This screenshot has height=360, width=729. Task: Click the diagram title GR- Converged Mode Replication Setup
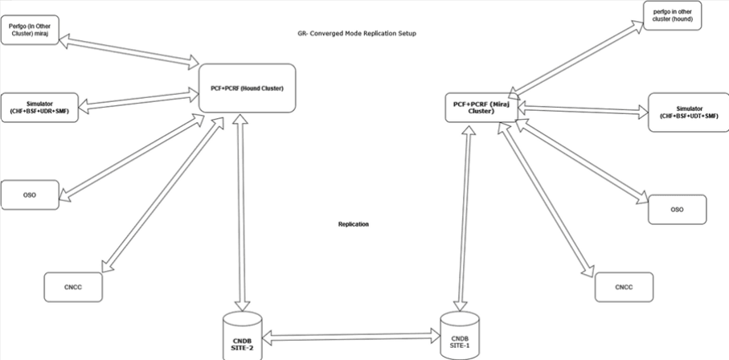coord(356,34)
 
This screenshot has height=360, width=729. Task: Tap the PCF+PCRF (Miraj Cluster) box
coord(481,108)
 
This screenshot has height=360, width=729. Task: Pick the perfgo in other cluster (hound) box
coord(673,15)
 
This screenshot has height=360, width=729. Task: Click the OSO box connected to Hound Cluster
coord(30,194)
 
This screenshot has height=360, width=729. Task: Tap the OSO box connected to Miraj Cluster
coord(677,209)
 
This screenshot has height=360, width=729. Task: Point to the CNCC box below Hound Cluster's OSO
coord(73,285)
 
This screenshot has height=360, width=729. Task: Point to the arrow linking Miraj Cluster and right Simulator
coord(584,112)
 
